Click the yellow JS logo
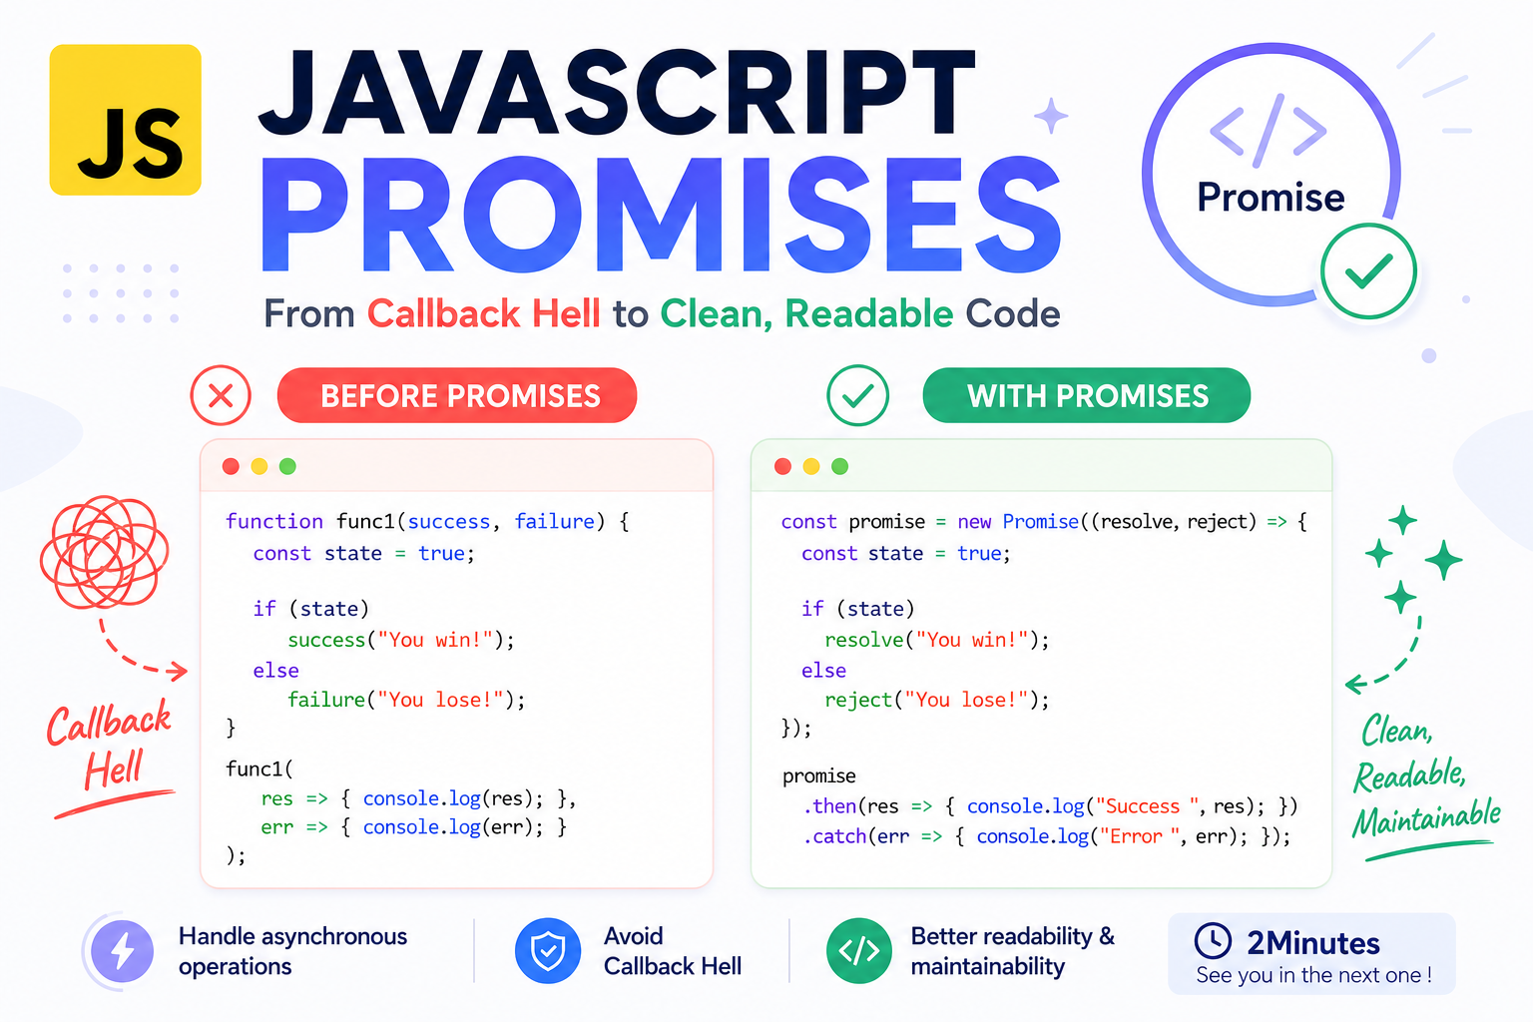pyautogui.click(x=125, y=120)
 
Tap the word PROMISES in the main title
pyautogui.click(x=661, y=215)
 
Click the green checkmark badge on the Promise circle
pyautogui.click(x=1368, y=271)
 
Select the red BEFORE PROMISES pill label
pyautogui.click(x=457, y=395)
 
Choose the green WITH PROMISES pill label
pyautogui.click(x=1087, y=395)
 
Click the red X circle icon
pyautogui.click(x=221, y=395)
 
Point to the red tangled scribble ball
pyautogui.click(x=104, y=552)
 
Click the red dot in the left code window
pyautogui.click(x=231, y=467)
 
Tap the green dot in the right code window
pyautogui.click(x=839, y=467)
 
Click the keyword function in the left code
pyautogui.click(x=273, y=522)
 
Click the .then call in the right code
pyautogui.click(x=830, y=806)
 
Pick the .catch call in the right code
pyautogui.click(x=835, y=836)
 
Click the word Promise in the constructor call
pyautogui.click(x=1040, y=522)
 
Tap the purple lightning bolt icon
pyautogui.click(x=123, y=951)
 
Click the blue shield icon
pyautogui.click(x=548, y=951)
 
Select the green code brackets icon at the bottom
pyautogui.click(x=859, y=951)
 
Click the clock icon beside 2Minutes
pyautogui.click(x=1213, y=940)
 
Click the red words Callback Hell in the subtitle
pyautogui.click(x=484, y=313)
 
